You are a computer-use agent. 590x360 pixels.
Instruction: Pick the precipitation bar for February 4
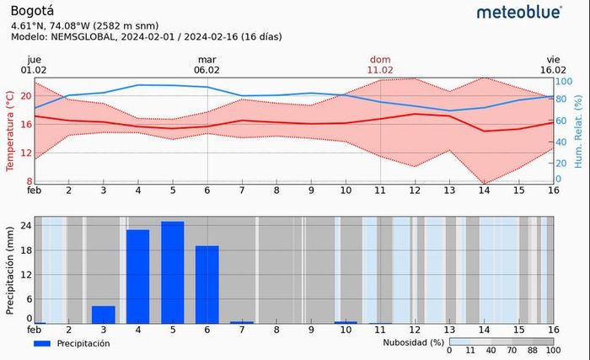click(138, 277)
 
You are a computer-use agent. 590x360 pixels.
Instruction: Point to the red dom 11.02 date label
click(380, 65)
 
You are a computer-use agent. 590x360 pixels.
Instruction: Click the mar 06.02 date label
click(208, 65)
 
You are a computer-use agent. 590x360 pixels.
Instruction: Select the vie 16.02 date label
click(553, 65)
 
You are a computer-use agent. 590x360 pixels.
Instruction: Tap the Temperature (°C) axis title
click(10, 131)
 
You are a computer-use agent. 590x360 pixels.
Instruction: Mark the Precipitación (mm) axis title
click(10, 270)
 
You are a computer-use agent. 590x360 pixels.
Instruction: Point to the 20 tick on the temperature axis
click(26, 96)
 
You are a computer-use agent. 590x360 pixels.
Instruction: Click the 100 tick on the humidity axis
click(563, 82)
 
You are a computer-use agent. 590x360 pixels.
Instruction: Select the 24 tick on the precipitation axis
click(26, 226)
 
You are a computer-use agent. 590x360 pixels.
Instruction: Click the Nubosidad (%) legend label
click(413, 342)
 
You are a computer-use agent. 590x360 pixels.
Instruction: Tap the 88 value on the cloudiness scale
click(533, 351)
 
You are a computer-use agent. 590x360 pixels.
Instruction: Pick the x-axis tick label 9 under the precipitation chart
click(311, 330)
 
